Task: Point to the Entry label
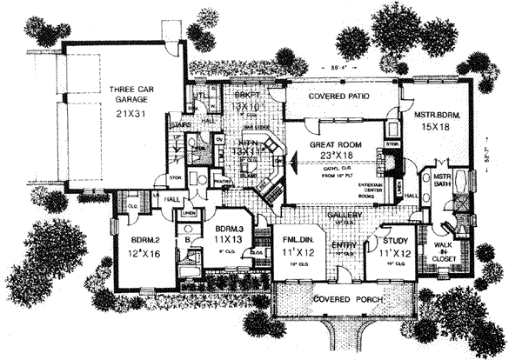click(344, 246)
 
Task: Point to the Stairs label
click(181, 125)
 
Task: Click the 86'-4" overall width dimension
click(340, 67)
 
